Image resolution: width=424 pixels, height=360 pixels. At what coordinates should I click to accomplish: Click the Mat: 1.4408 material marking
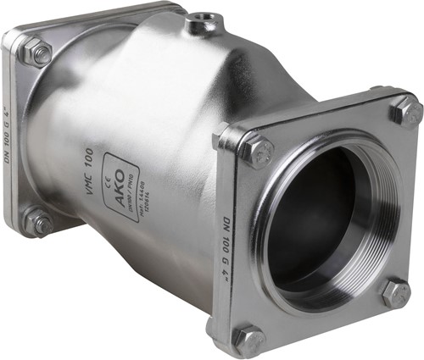point(141,201)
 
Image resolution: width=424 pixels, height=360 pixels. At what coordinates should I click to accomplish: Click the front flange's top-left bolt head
point(255,152)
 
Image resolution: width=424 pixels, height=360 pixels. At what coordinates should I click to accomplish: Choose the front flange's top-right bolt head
point(405,111)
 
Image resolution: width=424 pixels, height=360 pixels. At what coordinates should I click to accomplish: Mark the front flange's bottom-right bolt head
point(395,293)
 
